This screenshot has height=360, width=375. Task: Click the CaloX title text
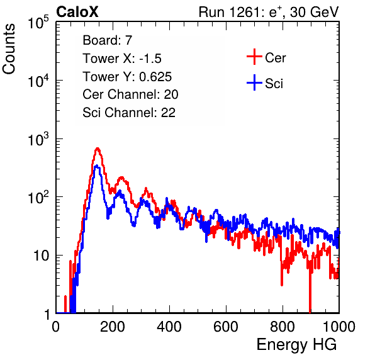(77, 12)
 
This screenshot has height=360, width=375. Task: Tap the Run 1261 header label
(269, 12)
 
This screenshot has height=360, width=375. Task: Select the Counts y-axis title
(9, 49)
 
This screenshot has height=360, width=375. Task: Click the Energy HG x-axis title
(296, 345)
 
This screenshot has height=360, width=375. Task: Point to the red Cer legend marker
(254, 57)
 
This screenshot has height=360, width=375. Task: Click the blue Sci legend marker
(254, 82)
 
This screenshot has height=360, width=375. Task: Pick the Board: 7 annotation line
(108, 40)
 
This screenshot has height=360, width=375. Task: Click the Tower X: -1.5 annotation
(122, 59)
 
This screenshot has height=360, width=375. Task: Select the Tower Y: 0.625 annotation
(127, 77)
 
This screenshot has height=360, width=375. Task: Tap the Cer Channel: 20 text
(130, 94)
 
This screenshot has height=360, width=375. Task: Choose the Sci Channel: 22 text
(129, 113)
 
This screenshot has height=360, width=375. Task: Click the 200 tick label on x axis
(113, 327)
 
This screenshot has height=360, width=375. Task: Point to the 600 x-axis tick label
(226, 327)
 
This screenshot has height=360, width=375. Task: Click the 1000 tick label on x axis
(339, 327)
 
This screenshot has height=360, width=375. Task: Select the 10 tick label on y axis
(42, 256)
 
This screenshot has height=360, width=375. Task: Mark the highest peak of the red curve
(98, 149)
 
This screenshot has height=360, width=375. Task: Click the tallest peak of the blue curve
(96, 166)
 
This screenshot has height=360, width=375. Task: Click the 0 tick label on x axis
(56, 327)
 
